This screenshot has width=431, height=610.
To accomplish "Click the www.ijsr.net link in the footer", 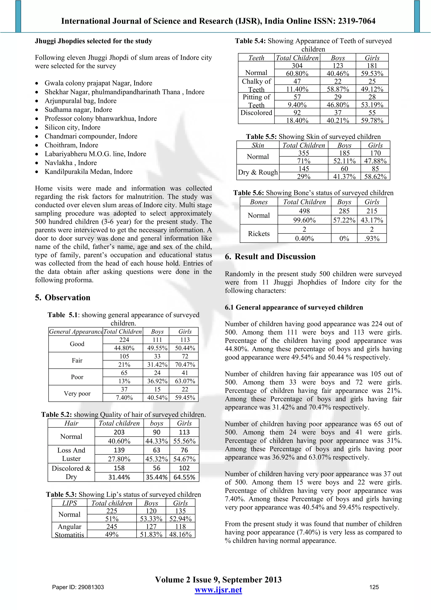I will coord(218,590).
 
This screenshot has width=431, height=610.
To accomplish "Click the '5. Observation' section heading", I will coord(63,297).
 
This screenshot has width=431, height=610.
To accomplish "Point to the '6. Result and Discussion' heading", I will coord(270,256).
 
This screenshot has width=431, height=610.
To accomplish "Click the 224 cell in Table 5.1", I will coord(124,340).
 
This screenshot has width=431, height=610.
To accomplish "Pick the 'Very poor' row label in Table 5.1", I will coord(77,394).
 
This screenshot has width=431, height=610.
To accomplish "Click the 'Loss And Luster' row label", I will coord(71,454).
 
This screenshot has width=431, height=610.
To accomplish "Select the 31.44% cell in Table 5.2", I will coord(119,477).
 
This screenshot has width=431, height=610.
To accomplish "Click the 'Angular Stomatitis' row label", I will coord(69,531).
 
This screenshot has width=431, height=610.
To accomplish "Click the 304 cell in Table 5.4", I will coord(297,66).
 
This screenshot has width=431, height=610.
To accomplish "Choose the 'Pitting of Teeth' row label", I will coord(256,101).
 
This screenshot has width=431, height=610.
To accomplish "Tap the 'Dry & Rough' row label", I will coord(258,172).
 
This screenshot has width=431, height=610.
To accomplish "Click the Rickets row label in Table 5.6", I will coord(259,234).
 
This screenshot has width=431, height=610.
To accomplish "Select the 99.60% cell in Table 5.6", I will coord(304,220).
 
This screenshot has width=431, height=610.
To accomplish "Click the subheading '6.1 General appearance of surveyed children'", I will coord(294,307).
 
